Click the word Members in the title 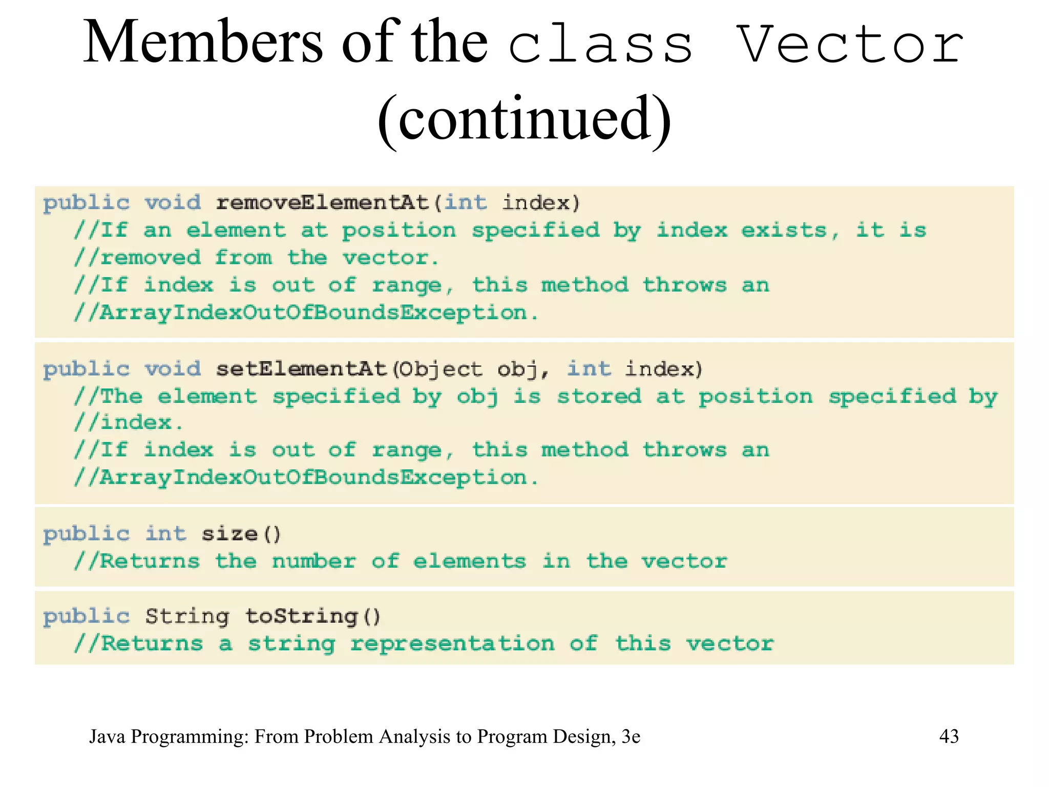tap(203, 42)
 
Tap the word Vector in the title tap(850, 44)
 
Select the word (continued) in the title tap(524, 119)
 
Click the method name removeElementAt tap(322, 203)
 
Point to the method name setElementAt tap(301, 369)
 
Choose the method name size tap(229, 534)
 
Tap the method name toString tap(301, 616)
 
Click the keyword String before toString tap(187, 616)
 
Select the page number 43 tap(949, 736)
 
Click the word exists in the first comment tap(784, 231)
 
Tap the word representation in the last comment tap(452, 644)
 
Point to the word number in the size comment tap(314, 562)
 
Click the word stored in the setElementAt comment tap(599, 397)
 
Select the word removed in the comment tap(151, 258)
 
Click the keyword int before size tap(165, 534)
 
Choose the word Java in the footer tap(107, 736)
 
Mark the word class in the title tap(600, 44)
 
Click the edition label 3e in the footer tap(631, 736)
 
